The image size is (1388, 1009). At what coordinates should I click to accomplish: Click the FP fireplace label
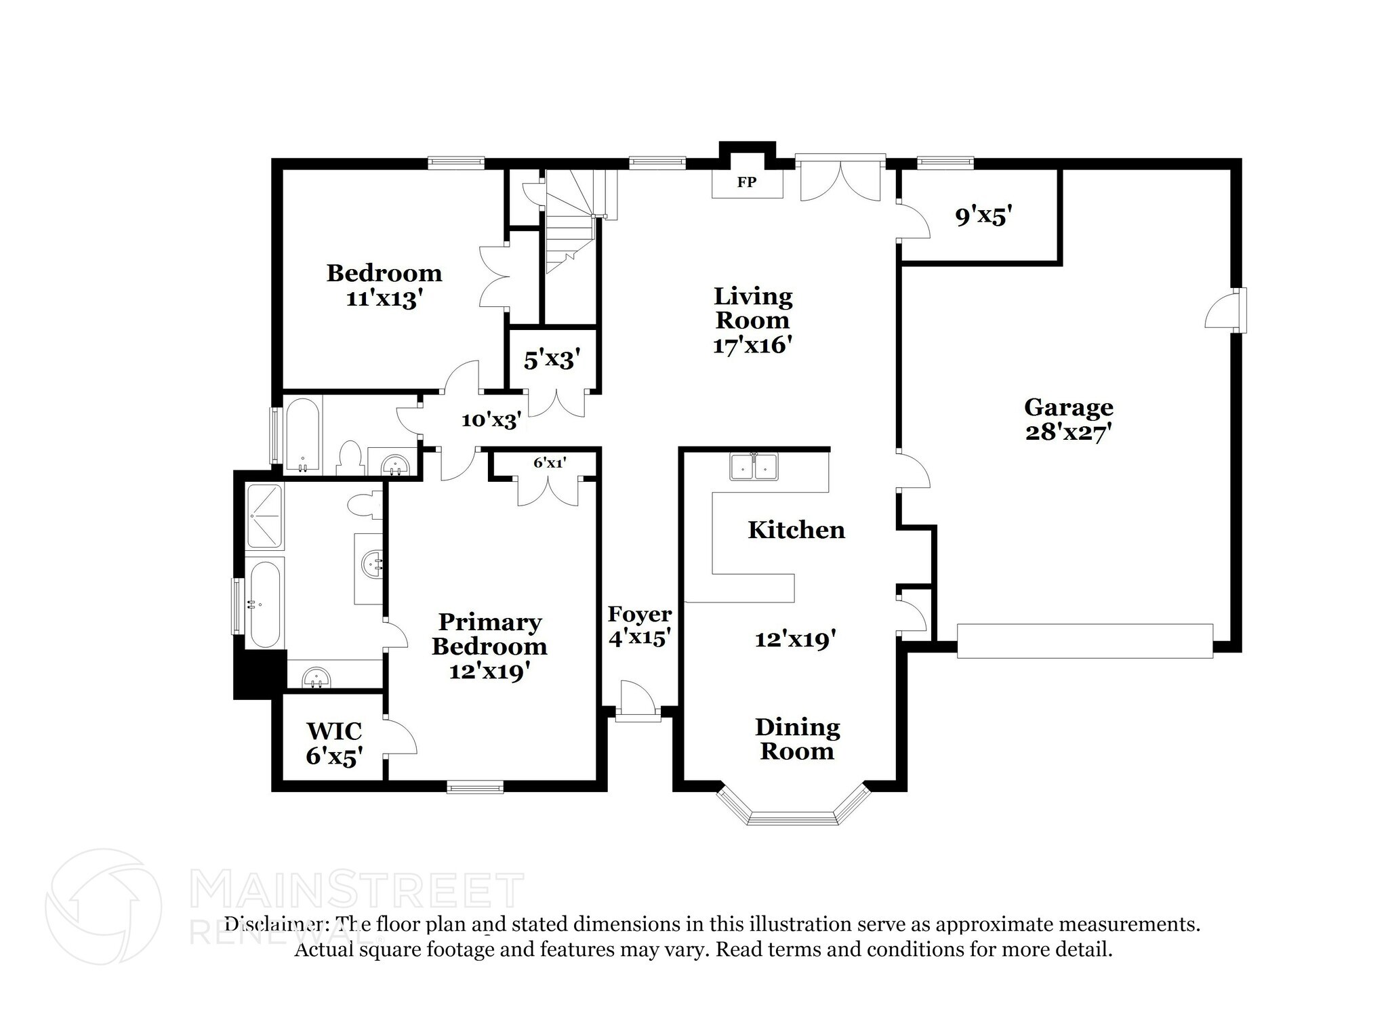pyautogui.click(x=747, y=182)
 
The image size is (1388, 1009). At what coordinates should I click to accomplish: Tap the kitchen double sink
pyautogui.click(x=754, y=467)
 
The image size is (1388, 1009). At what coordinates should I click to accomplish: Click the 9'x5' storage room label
pyautogui.click(x=983, y=216)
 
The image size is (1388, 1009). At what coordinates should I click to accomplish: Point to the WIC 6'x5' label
pyautogui.click(x=333, y=743)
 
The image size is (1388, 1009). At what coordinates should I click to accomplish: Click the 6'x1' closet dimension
pyautogui.click(x=549, y=463)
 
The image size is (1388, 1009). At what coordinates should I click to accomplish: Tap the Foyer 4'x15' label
pyautogui.click(x=639, y=625)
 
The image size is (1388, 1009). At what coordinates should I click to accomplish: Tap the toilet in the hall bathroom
pyautogui.click(x=350, y=457)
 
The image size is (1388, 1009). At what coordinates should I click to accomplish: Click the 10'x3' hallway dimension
pyautogui.click(x=491, y=421)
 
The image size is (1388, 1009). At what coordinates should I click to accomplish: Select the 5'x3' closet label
pyautogui.click(x=552, y=359)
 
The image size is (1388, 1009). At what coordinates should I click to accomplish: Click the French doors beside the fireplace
pyautogui.click(x=840, y=180)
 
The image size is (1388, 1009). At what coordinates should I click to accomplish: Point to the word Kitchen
pyautogui.click(x=796, y=530)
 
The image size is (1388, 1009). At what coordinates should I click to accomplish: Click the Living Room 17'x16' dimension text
pyautogui.click(x=752, y=346)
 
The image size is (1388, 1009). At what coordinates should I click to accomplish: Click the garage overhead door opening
pyautogui.click(x=1084, y=641)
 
